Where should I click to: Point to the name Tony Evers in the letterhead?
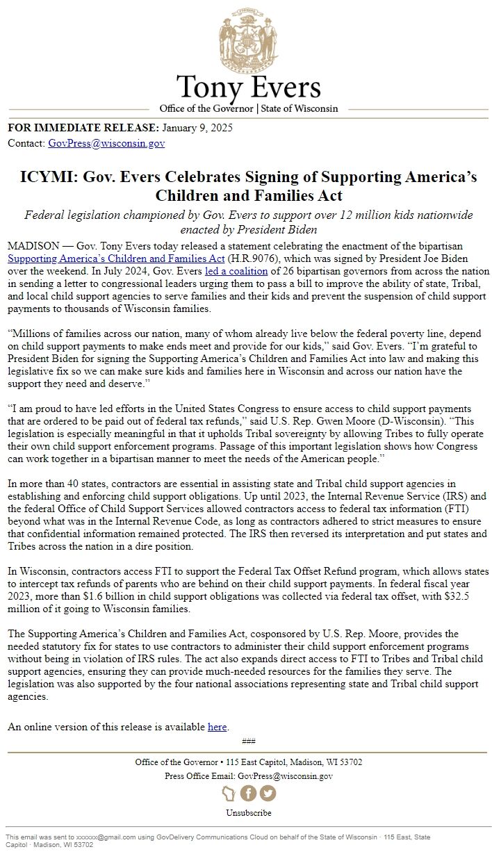(248, 88)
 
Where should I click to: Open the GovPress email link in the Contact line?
(106, 143)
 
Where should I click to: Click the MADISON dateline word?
(33, 246)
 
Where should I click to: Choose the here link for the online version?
(217, 727)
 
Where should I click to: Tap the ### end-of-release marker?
(248, 740)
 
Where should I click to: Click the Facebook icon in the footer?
(248, 793)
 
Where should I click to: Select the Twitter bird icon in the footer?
(268, 793)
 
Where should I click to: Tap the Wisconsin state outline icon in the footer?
(229, 793)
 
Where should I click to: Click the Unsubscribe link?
(248, 812)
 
